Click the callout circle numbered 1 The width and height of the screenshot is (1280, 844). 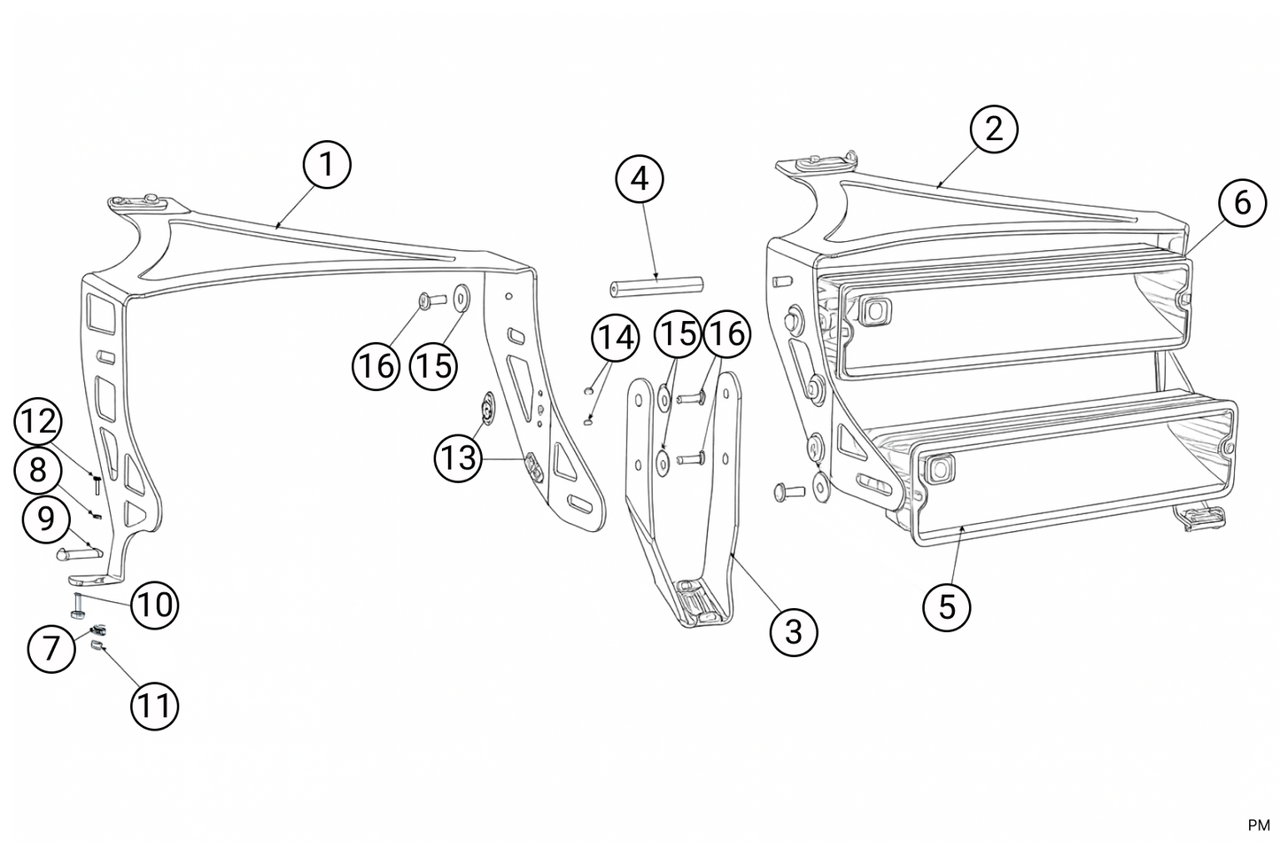coord(327,165)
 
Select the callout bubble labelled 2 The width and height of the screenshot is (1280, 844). coord(994,129)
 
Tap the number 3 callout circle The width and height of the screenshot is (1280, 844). coord(793,632)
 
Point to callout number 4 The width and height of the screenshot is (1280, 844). coord(640,179)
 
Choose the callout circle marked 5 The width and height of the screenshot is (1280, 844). coord(947,607)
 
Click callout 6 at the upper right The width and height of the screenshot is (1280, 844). coord(1242,203)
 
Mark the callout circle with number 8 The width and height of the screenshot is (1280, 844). coord(38,469)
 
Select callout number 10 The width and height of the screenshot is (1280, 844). coord(154,606)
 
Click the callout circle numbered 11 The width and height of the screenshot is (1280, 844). coord(154,707)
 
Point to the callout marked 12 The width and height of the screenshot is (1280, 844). coord(38,422)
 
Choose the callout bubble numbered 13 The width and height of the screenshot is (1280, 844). coord(457,458)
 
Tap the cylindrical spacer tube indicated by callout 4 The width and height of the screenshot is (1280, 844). coord(656,286)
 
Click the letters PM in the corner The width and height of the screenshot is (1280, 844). coord(1258,825)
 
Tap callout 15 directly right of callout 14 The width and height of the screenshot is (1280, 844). coord(678,335)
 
